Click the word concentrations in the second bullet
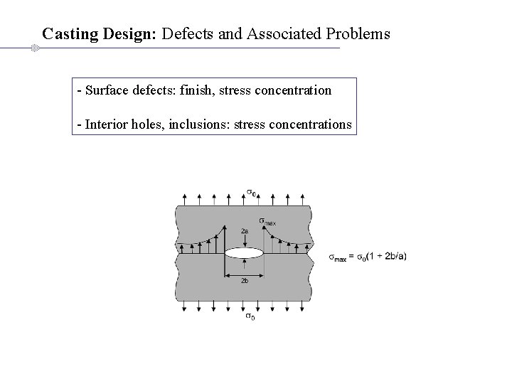pos(310,124)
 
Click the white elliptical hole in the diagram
pos(245,252)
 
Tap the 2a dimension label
pos(245,231)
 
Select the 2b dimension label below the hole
pos(245,282)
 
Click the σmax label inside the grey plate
pos(267,221)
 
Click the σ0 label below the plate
pos(250,316)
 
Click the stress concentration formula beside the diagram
pos(368,257)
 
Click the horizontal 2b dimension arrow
pos(245,274)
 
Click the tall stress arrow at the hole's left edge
pos(225,238)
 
